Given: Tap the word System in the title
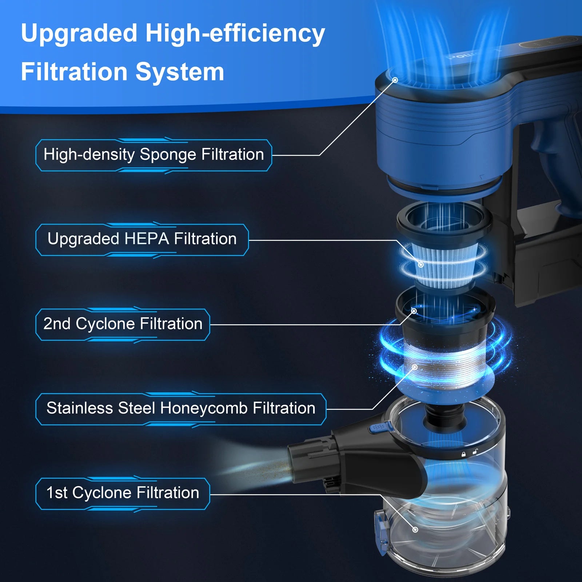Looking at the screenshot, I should tap(180, 72).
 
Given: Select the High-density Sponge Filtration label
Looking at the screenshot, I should tap(154, 155).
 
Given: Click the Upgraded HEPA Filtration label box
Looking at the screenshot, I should tap(142, 239).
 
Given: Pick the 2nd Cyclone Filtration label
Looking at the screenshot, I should tap(123, 324).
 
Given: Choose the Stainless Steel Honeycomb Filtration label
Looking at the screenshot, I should tap(181, 408).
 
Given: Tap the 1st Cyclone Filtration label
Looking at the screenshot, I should tap(123, 493).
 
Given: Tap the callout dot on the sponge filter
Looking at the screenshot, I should tap(395, 80).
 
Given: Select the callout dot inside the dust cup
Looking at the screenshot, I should tap(415, 530).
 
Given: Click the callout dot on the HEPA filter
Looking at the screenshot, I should tap(421, 264).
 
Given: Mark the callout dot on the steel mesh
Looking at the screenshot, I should tap(415, 367).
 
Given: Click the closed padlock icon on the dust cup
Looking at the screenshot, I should tap(463, 454).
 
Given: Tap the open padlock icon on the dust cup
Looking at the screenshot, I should tap(475, 452).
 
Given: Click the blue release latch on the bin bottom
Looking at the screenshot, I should tap(380, 531).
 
